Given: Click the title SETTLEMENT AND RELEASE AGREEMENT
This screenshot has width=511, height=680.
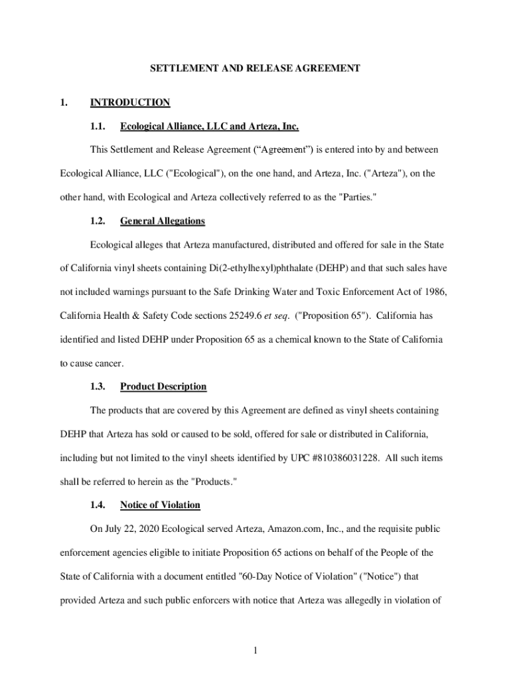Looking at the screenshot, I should click(255, 68).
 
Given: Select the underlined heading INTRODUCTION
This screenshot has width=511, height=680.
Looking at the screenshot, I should click(130, 102).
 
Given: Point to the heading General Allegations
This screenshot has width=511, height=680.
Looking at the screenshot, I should click(162, 221).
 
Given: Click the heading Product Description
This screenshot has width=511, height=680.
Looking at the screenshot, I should click(163, 386).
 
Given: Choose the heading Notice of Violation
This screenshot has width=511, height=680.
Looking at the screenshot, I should click(159, 505).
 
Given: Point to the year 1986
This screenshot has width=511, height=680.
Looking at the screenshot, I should click(427, 292).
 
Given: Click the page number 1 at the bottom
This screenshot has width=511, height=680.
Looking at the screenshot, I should click(255, 650).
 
